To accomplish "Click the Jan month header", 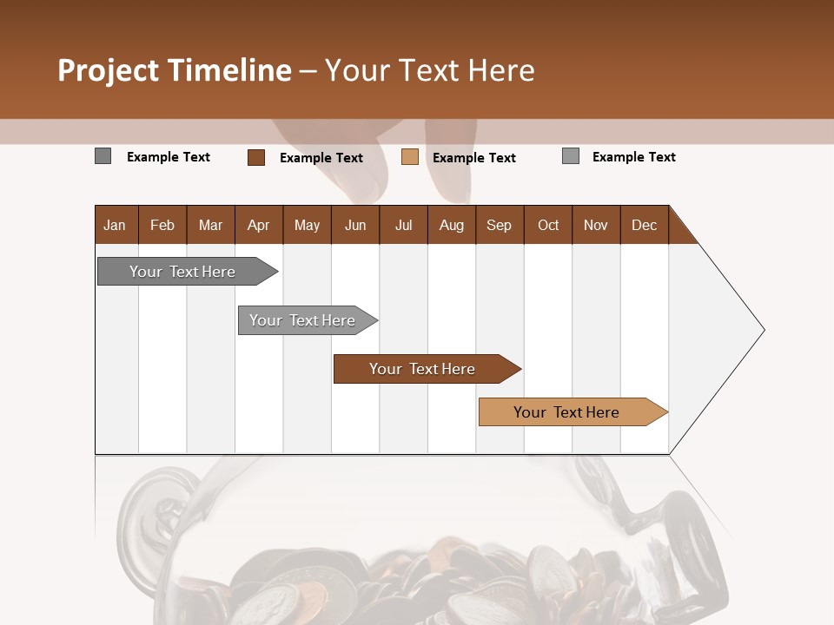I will coord(115,226).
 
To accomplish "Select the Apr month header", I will coord(259,226).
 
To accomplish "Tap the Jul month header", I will coord(404,226).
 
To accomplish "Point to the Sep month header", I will coord(499,226).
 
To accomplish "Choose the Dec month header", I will coord(644,226).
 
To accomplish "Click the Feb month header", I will coord(162,226).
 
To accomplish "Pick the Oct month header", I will coord(548,226).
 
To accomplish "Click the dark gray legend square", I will coord(103,156).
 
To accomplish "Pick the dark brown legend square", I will coord(256,157).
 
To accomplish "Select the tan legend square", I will coord(410,157).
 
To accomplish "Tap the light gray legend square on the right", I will coord(571,156).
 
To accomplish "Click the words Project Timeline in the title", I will coord(175,70).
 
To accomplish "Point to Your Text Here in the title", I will coord(430,70).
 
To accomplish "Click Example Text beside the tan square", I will coord(474,158).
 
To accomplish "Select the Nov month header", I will coord(596,226).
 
